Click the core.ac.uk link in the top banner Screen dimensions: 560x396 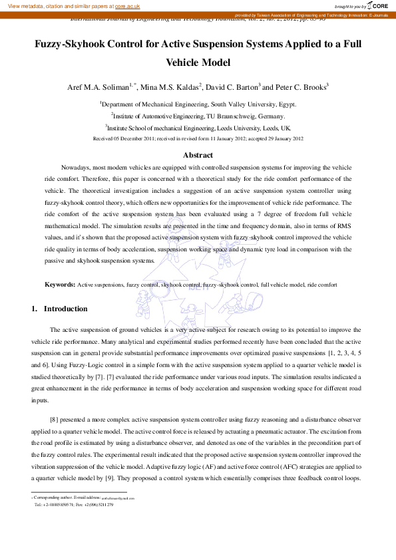point(127,6)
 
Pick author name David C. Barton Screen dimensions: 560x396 point(225,87)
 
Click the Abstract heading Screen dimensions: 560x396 point(198,155)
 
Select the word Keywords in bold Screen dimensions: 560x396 point(59,285)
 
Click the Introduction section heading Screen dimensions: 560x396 point(65,309)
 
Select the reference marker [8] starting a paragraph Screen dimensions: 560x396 point(55,419)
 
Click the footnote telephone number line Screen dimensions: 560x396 point(73,505)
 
